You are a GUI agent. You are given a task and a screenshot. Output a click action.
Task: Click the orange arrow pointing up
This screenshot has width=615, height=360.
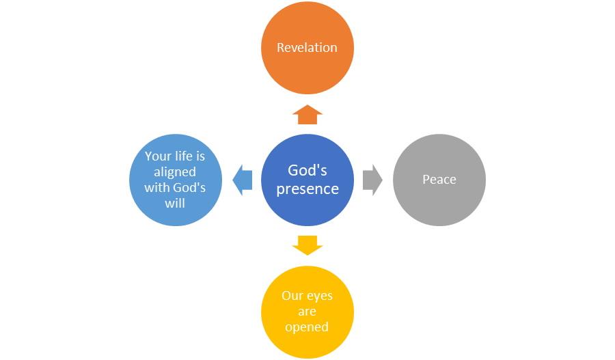click(x=307, y=114)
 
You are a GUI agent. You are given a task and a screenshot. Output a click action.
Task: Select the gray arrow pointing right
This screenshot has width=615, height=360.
click(x=372, y=180)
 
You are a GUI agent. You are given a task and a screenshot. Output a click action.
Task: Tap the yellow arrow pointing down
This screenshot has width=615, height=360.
click(x=307, y=245)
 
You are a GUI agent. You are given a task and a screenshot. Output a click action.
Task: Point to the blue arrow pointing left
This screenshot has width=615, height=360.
click(x=242, y=180)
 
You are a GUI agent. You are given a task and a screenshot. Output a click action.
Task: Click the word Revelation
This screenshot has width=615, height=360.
click(x=307, y=48)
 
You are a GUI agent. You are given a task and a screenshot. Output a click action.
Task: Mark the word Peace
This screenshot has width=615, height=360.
click(x=439, y=180)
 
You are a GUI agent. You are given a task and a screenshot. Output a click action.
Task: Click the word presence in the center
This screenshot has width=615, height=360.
click(x=307, y=189)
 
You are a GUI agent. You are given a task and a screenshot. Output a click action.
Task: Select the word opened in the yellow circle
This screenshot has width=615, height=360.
click(x=307, y=327)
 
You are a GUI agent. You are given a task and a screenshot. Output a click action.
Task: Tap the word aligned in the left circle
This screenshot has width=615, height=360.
click(x=175, y=172)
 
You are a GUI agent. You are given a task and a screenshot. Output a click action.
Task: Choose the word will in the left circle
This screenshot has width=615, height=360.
click(x=175, y=203)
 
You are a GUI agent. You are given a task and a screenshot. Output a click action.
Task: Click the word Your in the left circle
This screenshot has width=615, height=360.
click(x=159, y=156)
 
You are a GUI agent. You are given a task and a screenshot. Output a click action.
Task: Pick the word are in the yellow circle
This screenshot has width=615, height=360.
click(x=307, y=311)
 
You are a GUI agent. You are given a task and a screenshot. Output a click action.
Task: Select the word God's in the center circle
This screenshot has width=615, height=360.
click(x=307, y=170)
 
